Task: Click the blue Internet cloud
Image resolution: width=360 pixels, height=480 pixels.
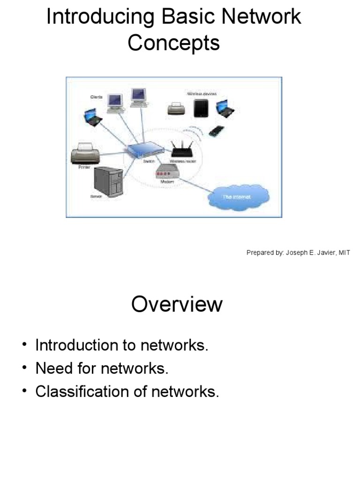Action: pos(239,196)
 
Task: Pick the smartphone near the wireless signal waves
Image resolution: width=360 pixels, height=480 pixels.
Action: pos(216,131)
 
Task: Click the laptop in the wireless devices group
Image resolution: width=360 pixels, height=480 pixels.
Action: pos(225,109)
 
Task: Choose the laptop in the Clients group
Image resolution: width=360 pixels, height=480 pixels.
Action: pos(93,117)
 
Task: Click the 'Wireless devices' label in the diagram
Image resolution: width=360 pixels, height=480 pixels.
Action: pos(202,94)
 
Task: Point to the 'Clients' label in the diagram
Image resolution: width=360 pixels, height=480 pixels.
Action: pos(97,97)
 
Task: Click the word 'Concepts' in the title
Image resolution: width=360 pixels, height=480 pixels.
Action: pos(173,43)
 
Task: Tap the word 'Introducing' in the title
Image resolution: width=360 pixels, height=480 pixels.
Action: pos(100,17)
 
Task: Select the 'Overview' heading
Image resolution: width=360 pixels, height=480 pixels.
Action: pos(177,304)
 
